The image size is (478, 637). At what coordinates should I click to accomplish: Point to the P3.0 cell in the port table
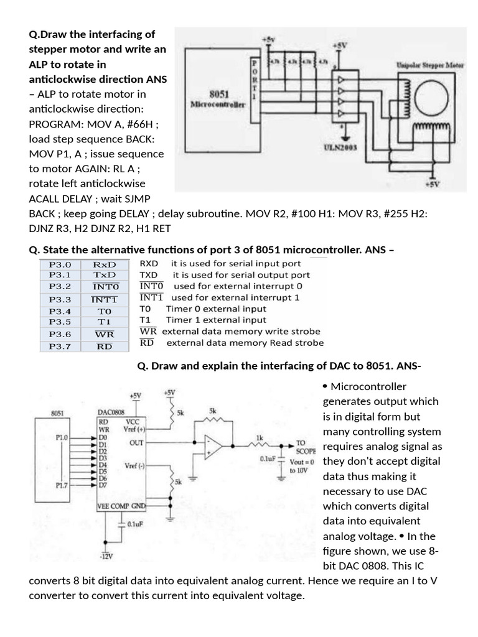click(60, 264)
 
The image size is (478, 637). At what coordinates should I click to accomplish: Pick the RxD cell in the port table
click(104, 264)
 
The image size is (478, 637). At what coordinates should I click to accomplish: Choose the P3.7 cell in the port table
click(60, 346)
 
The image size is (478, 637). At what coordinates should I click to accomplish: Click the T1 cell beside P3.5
click(104, 322)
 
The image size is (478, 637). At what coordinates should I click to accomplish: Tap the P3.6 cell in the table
click(60, 334)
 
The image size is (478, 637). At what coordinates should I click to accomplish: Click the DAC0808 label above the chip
click(111, 412)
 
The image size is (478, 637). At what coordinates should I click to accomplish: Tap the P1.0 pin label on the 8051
click(62, 437)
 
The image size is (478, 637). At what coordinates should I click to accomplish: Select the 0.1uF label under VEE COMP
click(135, 524)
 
